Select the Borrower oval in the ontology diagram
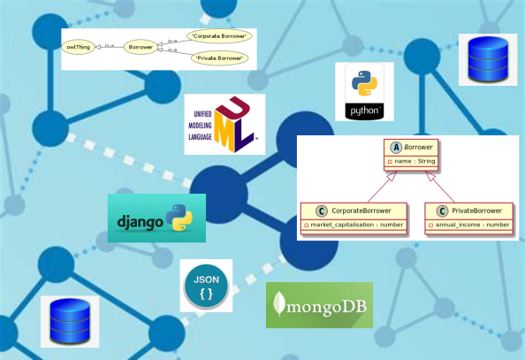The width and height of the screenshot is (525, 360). pos(140,47)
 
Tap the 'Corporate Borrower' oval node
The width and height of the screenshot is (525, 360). pos(218,36)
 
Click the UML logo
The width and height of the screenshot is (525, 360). pos(224,125)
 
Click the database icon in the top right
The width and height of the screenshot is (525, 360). pos(488,56)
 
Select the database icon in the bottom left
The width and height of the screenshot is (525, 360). pos(70,321)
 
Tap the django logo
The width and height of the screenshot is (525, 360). pos(156,218)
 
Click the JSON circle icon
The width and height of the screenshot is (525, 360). pos(206,286)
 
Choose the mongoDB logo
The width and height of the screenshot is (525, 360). pos(319,305)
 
